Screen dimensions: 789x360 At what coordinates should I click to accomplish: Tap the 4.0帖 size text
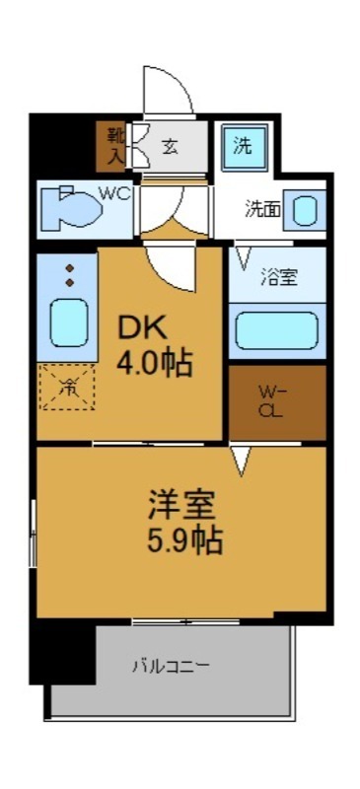pos(153,363)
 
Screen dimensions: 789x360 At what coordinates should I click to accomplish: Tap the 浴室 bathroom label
pos(278,277)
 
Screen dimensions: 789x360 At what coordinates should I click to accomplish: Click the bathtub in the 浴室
pos(277,329)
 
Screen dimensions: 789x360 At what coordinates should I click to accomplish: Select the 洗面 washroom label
pos(262,208)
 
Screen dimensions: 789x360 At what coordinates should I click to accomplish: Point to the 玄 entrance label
pos(171,147)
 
